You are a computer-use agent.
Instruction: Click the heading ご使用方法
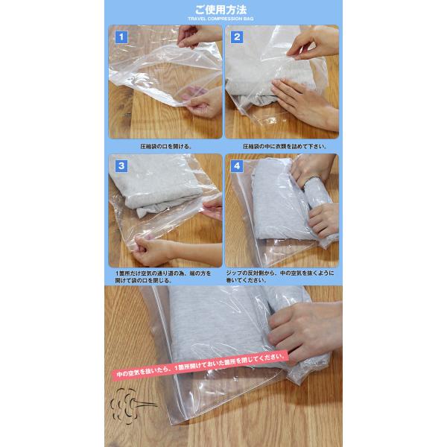coord(221,10)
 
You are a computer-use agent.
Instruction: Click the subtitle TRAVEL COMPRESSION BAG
coord(221,19)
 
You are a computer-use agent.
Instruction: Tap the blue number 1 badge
coord(121,37)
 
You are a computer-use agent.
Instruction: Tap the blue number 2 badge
coord(237,37)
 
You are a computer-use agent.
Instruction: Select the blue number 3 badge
coord(121,166)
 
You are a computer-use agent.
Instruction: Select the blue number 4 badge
coord(237,166)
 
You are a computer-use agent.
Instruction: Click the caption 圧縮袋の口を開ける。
coord(166,147)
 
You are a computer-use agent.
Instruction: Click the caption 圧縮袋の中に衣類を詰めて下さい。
coord(285,147)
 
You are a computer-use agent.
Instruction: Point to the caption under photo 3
coord(163,277)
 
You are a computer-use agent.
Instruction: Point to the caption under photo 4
coord(280,276)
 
